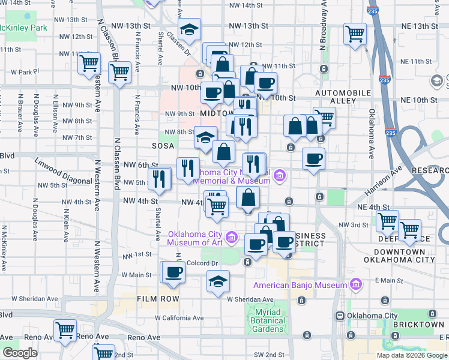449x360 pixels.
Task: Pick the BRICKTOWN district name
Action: pos(418,325)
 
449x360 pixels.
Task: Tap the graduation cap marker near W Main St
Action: pos(218,280)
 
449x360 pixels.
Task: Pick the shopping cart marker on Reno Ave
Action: pos(65,329)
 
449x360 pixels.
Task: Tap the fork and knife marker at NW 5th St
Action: pos(160,177)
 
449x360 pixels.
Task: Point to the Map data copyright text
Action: pos(411,355)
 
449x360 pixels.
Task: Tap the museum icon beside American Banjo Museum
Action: pos(355,284)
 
